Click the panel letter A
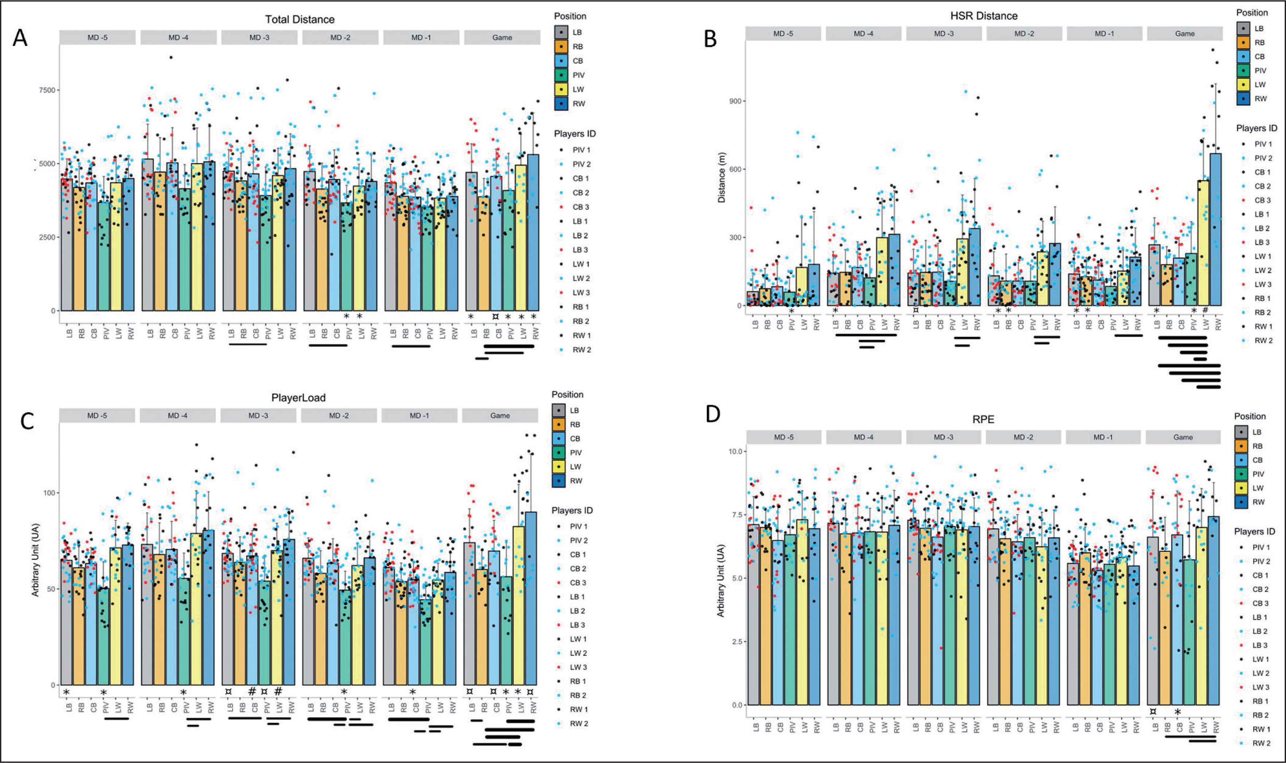pyautogui.click(x=20, y=38)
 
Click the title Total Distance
pyautogui.click(x=300, y=20)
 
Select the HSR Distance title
pyautogui.click(x=984, y=16)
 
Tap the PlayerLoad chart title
pyautogui.click(x=298, y=397)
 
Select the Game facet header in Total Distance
pyautogui.click(x=502, y=38)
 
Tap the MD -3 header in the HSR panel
pyautogui.click(x=944, y=34)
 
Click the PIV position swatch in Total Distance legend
pyautogui.click(x=562, y=75)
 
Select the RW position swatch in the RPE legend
pyautogui.click(x=1243, y=502)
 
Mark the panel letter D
pyautogui.click(x=713, y=414)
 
